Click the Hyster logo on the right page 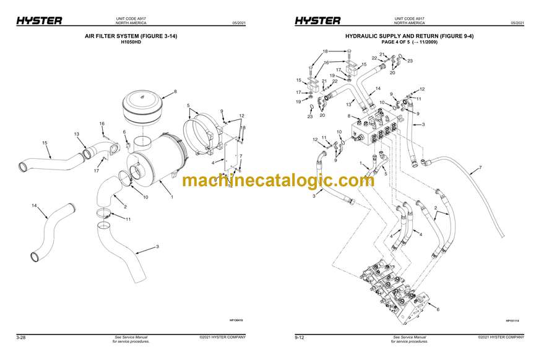317,20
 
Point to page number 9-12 299,337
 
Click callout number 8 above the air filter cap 175,92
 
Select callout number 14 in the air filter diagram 35,205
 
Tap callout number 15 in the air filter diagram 45,143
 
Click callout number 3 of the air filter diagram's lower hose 157,247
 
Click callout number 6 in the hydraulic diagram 438,309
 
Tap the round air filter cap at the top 145,106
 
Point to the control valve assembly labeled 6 396,291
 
